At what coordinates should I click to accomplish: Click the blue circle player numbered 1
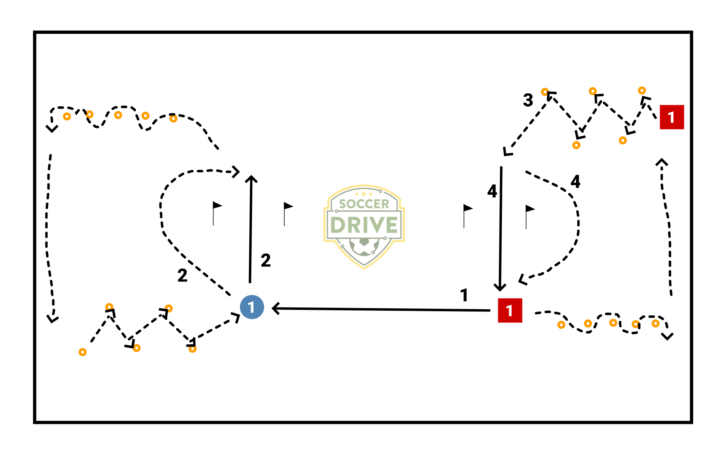point(252,307)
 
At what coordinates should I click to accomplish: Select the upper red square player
point(671,117)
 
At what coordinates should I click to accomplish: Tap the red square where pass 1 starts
point(510,311)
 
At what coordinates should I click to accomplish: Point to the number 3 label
point(528,100)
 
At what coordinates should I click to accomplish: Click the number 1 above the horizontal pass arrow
point(464,295)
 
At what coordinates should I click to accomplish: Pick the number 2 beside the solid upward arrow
point(266,260)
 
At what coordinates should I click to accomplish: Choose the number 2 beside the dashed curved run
point(182,275)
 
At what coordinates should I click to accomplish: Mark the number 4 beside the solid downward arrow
point(492,191)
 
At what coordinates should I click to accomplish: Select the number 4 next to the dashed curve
point(575,181)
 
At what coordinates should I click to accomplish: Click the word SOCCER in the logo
point(364,204)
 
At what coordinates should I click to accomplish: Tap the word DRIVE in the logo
point(364,225)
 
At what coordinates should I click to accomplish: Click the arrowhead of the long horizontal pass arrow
point(275,308)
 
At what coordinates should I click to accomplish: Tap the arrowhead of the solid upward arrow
point(251,178)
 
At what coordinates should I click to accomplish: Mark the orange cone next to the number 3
point(545,92)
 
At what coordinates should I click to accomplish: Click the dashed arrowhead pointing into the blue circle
point(236,316)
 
